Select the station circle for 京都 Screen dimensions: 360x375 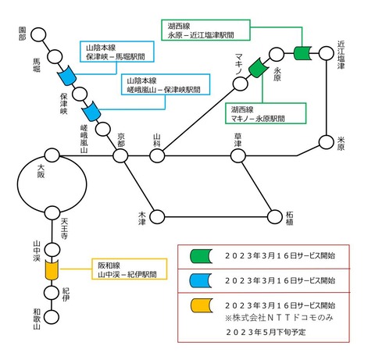120,155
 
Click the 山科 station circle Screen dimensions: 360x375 157,155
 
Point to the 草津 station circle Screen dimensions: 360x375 237,155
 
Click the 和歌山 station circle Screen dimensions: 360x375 52,319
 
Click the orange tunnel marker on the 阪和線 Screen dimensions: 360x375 52,271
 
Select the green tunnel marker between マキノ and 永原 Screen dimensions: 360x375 257,69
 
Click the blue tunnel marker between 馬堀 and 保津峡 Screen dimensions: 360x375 67,77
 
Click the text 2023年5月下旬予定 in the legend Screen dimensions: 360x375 268,331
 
